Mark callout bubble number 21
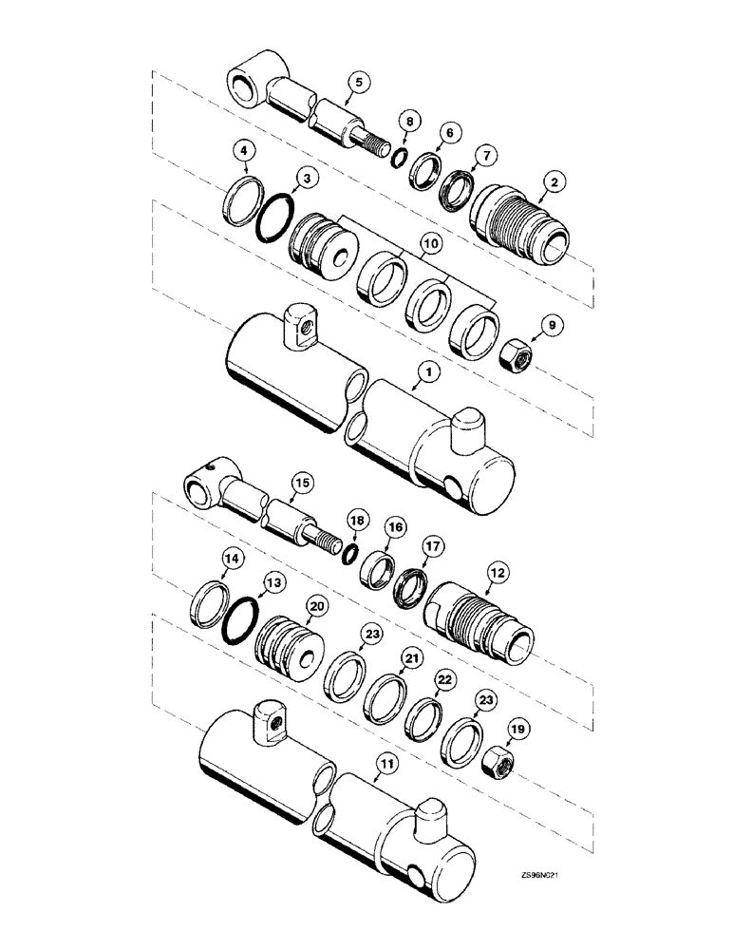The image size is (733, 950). (x=410, y=657)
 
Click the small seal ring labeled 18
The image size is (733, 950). (x=349, y=553)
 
